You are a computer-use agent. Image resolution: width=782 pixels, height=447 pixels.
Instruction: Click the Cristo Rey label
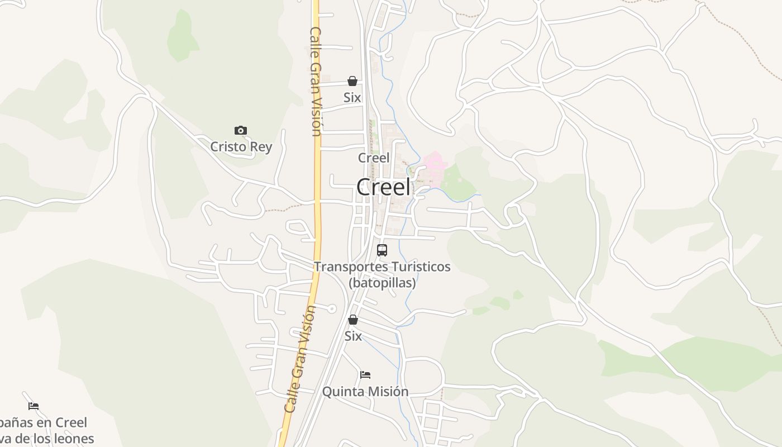[241, 147]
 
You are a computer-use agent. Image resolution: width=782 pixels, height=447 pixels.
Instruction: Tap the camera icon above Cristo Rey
[241, 131]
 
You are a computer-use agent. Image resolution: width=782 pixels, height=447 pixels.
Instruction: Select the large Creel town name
[383, 187]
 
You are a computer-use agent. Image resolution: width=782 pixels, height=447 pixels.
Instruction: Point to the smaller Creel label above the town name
[374, 158]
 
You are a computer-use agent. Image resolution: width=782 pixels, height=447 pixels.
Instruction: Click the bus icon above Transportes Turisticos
[382, 250]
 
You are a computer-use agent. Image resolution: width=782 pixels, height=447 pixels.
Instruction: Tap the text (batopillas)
[382, 283]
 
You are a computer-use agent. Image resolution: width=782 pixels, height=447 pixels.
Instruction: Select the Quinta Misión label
[365, 392]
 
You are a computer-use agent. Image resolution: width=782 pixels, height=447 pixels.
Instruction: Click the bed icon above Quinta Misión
[365, 374]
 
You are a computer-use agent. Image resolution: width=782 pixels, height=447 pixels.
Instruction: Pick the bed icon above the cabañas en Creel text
[34, 406]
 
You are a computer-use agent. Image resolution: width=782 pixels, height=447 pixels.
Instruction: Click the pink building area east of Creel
[435, 165]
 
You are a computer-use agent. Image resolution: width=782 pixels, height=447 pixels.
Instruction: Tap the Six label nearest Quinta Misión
[353, 336]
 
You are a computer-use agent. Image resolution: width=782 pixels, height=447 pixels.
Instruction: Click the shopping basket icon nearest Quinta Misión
[353, 320]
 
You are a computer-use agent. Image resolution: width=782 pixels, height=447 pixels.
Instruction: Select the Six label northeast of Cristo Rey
[352, 98]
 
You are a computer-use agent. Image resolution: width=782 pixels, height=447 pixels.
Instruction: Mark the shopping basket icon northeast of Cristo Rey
[352, 82]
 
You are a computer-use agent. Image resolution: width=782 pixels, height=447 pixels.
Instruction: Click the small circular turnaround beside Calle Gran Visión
[332, 308]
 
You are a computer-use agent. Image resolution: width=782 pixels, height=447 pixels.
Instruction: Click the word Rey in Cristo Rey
[261, 147]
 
